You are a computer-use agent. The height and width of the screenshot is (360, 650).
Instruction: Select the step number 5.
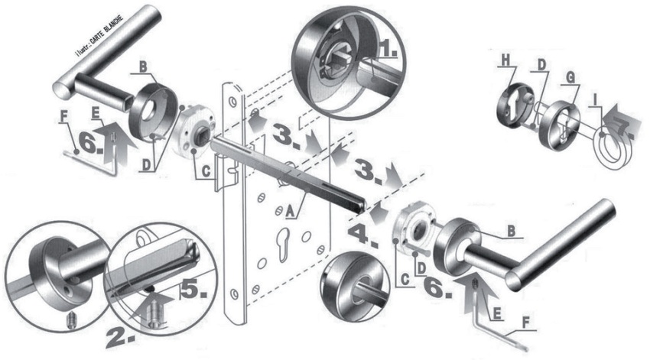(192, 289)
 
